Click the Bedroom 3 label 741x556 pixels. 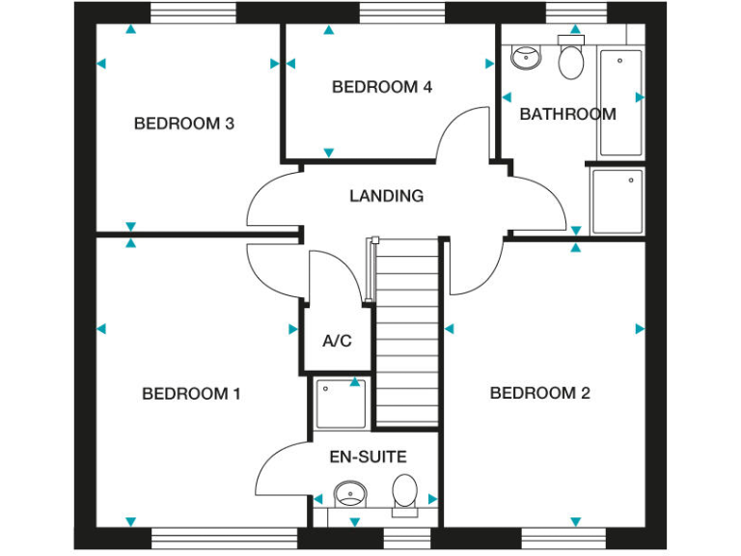pyautogui.click(x=184, y=124)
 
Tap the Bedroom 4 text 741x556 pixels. pyautogui.click(x=381, y=87)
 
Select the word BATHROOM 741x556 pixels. pyautogui.click(x=567, y=114)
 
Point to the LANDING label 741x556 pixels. pyautogui.click(x=386, y=196)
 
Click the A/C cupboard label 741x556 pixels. pyautogui.click(x=337, y=341)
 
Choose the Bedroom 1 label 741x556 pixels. pyautogui.click(x=191, y=394)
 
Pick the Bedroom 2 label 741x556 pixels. pyautogui.click(x=539, y=393)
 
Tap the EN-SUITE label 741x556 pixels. pyautogui.click(x=369, y=457)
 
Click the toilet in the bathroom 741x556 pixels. pyautogui.click(x=571, y=60)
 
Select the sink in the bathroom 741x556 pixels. pyautogui.click(x=526, y=58)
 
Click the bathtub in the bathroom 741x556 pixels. pyautogui.click(x=620, y=101)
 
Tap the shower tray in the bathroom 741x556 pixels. pyautogui.click(x=617, y=201)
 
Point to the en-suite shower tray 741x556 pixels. pyautogui.click(x=340, y=403)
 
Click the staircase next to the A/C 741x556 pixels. pyautogui.click(x=406, y=328)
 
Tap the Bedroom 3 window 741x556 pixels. pyautogui.click(x=193, y=13)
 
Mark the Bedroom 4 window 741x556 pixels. pyautogui.click(x=402, y=13)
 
